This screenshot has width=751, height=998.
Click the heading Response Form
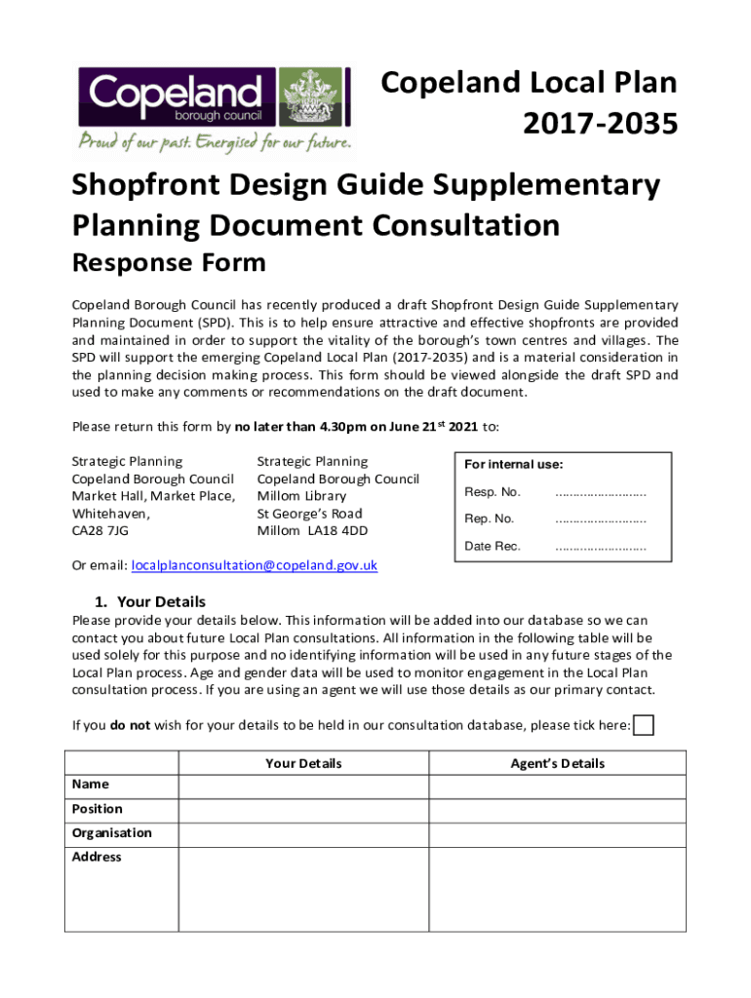click(169, 262)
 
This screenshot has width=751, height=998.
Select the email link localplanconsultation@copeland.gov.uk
click(255, 565)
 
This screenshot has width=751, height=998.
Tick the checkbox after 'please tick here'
click(644, 725)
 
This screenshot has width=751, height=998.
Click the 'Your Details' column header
click(303, 763)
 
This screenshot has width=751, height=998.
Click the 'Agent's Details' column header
click(557, 763)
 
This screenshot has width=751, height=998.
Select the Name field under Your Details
click(303, 786)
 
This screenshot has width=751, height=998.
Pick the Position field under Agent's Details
click(557, 810)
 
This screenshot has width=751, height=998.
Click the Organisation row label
click(112, 833)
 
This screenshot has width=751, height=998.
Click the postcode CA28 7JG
click(100, 531)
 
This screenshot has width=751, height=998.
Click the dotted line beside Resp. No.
click(600, 492)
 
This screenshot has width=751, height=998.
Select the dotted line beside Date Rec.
click(600, 547)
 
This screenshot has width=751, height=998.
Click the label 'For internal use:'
click(514, 465)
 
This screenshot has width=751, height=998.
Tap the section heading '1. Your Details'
click(152, 601)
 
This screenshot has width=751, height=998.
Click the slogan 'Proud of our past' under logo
click(215, 142)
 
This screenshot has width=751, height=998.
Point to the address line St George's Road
click(309, 514)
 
